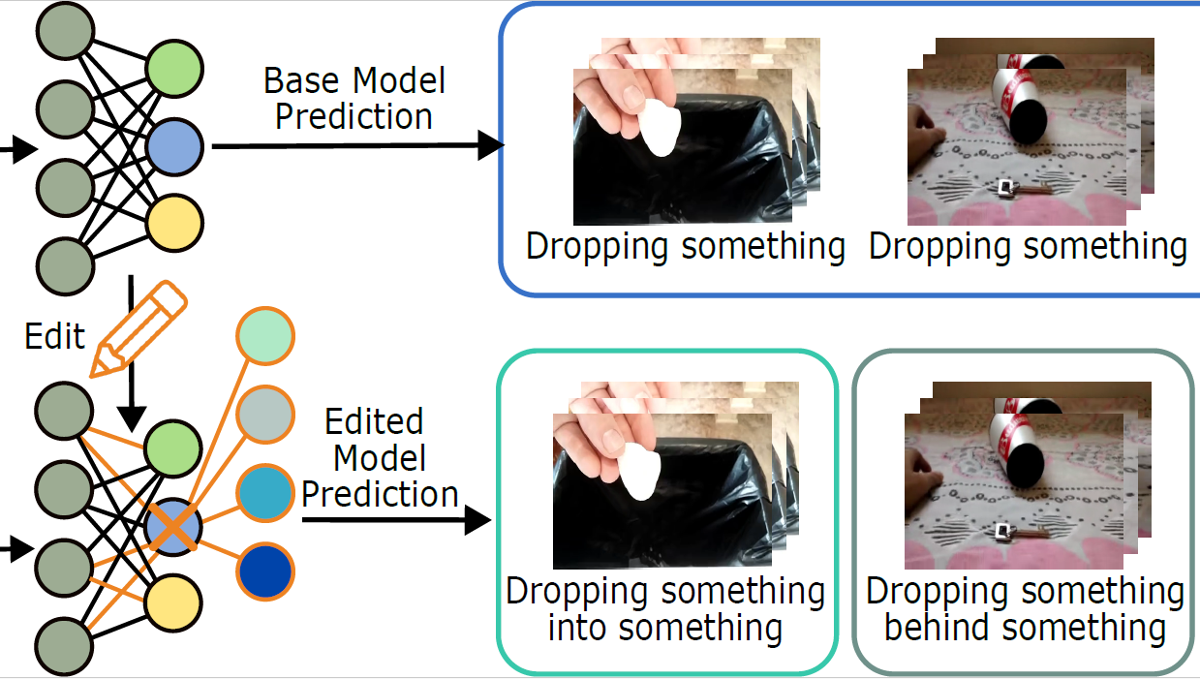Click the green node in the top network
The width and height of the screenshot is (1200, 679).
174,69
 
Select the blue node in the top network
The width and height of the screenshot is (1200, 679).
174,147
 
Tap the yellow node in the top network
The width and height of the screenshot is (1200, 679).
174,223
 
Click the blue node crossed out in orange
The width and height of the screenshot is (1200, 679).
173,527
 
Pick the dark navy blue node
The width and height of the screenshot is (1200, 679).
265,571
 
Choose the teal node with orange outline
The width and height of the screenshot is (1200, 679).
265,493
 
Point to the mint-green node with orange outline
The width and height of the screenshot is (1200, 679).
265,336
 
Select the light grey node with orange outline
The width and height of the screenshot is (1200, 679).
265,415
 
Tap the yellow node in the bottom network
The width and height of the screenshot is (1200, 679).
173,603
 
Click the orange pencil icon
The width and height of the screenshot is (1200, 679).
138,329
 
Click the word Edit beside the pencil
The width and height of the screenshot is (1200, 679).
54,336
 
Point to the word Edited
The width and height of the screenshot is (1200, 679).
374,421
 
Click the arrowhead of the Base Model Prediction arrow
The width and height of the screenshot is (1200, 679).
491,145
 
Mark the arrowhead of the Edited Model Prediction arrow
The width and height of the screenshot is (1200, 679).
477,520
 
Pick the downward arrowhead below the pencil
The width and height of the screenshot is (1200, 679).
132,419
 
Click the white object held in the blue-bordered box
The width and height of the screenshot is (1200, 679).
661,128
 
